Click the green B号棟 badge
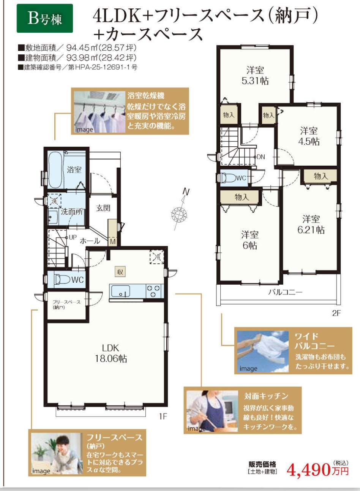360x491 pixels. click(x=45, y=18)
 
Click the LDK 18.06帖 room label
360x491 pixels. click(x=111, y=353)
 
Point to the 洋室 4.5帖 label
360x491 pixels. click(x=309, y=136)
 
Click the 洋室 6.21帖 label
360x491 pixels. click(x=311, y=225)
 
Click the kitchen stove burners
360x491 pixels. click(x=153, y=291)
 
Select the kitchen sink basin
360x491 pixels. click(x=121, y=291)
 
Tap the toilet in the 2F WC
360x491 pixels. click(x=228, y=177)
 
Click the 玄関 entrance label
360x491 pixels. click(x=103, y=208)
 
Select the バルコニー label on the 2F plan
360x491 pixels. click(x=285, y=292)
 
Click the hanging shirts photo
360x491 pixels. click(x=99, y=112)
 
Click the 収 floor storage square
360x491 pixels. click(x=120, y=272)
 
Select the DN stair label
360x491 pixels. click(x=261, y=157)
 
